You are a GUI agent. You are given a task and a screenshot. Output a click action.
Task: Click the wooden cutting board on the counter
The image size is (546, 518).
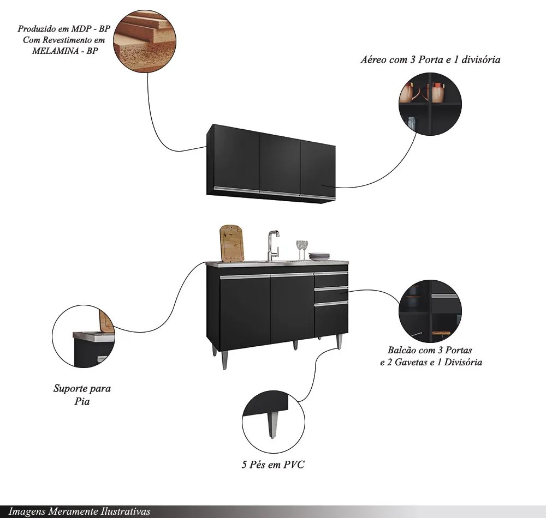click(232, 243)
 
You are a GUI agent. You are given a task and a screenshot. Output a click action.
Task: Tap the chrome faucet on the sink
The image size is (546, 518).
click(274, 245)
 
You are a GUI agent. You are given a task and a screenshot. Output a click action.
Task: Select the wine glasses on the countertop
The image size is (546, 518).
click(302, 250)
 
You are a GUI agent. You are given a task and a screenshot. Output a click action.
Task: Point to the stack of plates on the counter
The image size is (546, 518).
click(319, 257)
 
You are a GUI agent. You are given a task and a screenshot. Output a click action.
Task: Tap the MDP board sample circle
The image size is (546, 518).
click(145, 41)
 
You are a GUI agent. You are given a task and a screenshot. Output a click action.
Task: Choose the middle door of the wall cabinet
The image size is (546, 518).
click(280, 164)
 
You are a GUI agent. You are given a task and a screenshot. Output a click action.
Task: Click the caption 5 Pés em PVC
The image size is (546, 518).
click(273, 465)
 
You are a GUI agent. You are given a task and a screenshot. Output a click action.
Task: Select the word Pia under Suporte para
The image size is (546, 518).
click(82, 401)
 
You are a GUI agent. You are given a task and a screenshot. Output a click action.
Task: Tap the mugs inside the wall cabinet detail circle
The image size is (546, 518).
click(422, 92)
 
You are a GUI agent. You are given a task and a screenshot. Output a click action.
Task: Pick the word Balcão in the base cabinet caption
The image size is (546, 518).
click(402, 350)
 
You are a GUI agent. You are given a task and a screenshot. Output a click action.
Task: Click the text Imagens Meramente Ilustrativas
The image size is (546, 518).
click(79, 511)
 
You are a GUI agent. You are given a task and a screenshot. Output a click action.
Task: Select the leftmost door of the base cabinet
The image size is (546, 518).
click(245, 311)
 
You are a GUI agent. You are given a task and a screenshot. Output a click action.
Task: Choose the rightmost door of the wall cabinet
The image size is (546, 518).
click(318, 170)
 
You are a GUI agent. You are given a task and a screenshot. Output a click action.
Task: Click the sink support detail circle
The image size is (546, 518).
click(84, 336)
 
